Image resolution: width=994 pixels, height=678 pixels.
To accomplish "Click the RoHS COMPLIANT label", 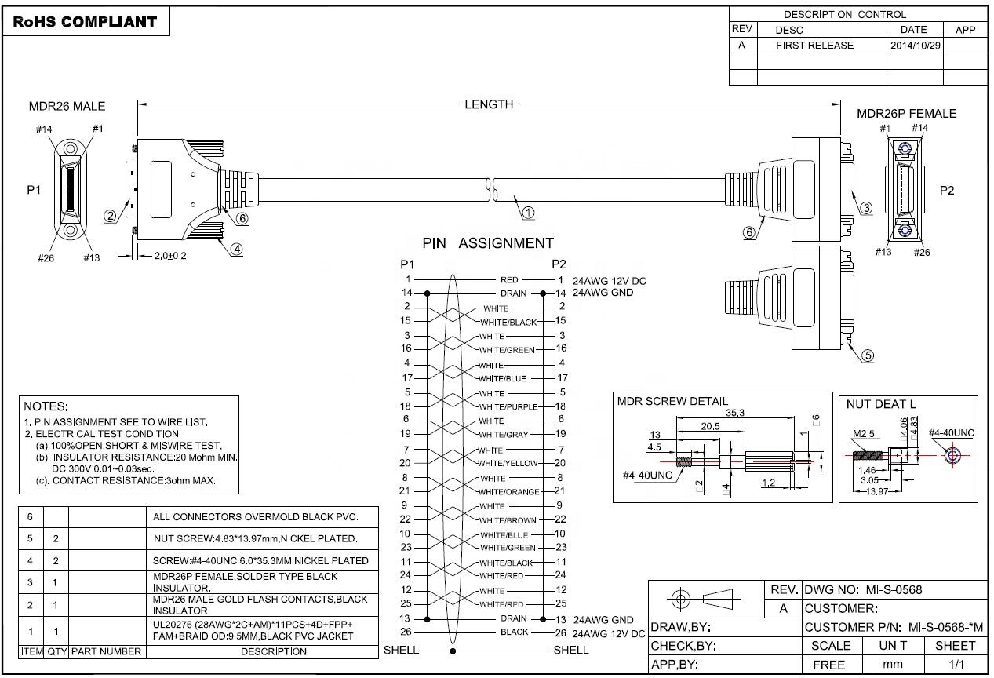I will pyautogui.click(x=85, y=22).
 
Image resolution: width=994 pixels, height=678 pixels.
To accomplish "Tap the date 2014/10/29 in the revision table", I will pyautogui.click(x=915, y=46).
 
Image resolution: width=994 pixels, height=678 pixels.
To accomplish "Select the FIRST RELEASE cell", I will pyautogui.click(x=814, y=46).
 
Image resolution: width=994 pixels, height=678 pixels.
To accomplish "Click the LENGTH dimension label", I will pyautogui.click(x=489, y=104).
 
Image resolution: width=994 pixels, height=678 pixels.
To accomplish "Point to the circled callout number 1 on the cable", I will pyautogui.click(x=528, y=212).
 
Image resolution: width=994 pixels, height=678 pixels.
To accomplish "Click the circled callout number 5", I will pyautogui.click(x=868, y=355).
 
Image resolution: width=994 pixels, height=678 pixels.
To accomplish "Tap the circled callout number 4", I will pyautogui.click(x=236, y=249).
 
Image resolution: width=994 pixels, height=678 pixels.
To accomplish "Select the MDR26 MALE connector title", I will pyautogui.click(x=67, y=106).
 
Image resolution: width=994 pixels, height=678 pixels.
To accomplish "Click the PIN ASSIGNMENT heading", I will pyautogui.click(x=487, y=243).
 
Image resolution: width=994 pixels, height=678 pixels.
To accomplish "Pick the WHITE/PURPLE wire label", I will pyautogui.click(x=508, y=406).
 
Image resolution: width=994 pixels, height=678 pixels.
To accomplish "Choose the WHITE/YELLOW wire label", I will pyautogui.click(x=509, y=463).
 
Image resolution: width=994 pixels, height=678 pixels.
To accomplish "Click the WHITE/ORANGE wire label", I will pyautogui.click(x=509, y=492).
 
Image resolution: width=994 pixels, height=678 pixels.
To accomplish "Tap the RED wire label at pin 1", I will pyautogui.click(x=509, y=279).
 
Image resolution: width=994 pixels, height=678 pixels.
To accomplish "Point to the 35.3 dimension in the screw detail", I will pyautogui.click(x=735, y=412).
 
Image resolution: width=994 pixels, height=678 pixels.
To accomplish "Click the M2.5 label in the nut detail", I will pyautogui.click(x=865, y=433).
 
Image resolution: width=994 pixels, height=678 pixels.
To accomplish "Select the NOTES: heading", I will pyautogui.click(x=46, y=406).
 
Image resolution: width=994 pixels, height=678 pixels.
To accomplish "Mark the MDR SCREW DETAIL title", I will pyautogui.click(x=672, y=401).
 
